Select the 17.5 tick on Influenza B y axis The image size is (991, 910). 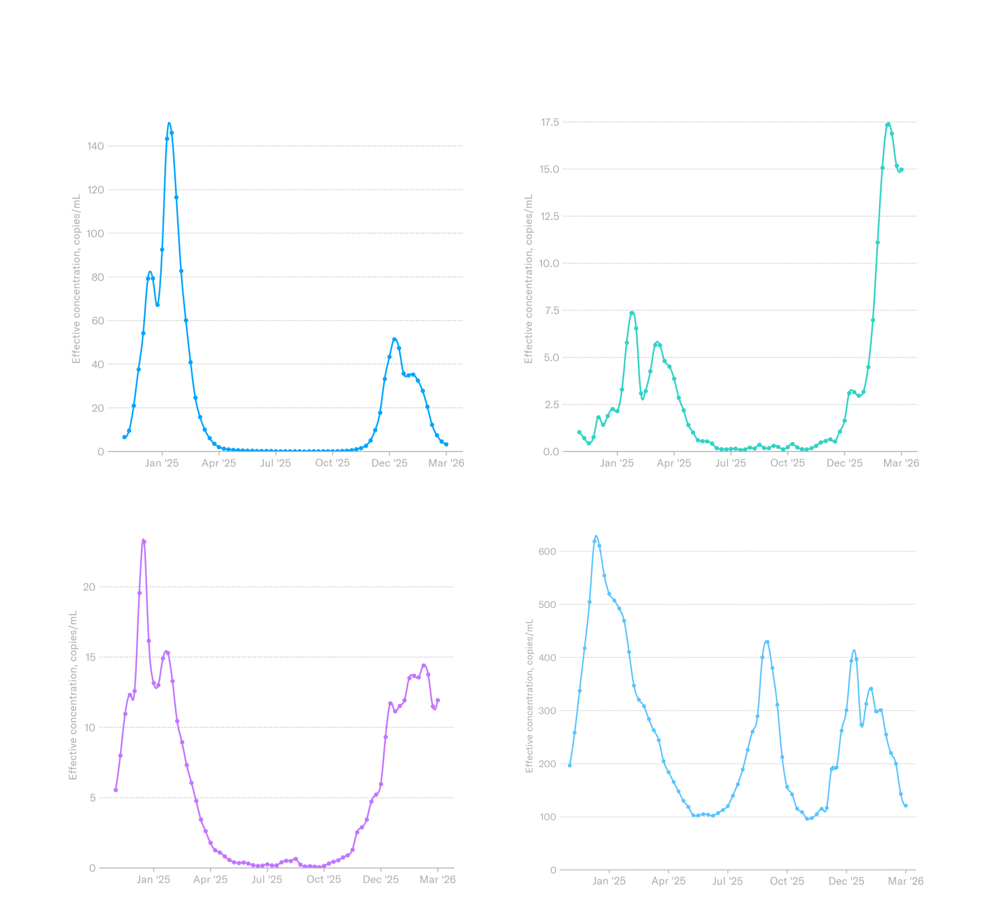click(x=550, y=122)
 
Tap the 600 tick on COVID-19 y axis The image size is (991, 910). click(x=547, y=552)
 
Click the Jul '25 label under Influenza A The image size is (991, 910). click(x=275, y=463)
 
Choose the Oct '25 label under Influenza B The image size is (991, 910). click(x=787, y=463)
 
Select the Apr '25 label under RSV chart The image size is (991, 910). click(x=210, y=879)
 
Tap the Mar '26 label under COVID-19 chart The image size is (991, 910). click(x=905, y=881)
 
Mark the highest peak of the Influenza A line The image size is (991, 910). click(x=169, y=124)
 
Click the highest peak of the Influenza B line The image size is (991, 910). click(x=888, y=124)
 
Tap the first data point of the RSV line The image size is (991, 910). click(x=116, y=790)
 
